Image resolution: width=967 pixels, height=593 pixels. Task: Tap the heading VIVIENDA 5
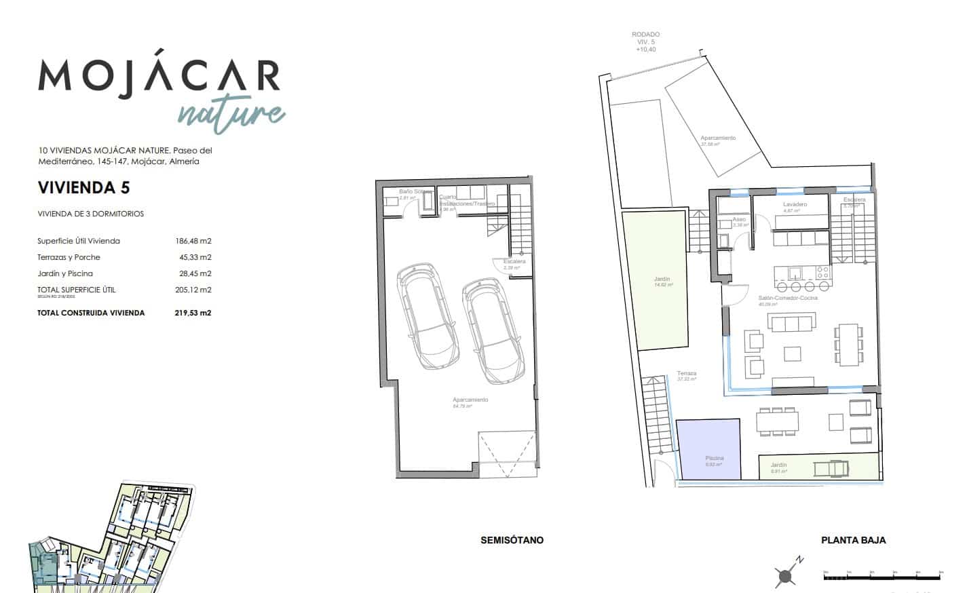[x=83, y=187]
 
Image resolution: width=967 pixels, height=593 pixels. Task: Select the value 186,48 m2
[x=193, y=241]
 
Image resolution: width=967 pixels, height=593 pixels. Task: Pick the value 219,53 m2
[x=193, y=313]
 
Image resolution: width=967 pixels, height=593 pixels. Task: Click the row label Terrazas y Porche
[x=69, y=257]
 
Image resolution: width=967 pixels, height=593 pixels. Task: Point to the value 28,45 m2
[x=193, y=273]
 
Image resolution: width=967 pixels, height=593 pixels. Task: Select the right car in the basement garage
[x=491, y=332]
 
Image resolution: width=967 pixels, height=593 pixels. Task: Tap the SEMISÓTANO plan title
[x=512, y=540]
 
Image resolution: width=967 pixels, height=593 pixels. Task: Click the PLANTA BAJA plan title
[x=853, y=540]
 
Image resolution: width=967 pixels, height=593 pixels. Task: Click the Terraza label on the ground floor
[x=686, y=374]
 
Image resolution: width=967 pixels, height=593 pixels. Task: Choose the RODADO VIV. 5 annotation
[x=645, y=41]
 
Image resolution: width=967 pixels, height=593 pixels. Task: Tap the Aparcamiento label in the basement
[x=470, y=400]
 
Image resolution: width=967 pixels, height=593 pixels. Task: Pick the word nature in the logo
[x=231, y=113]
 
